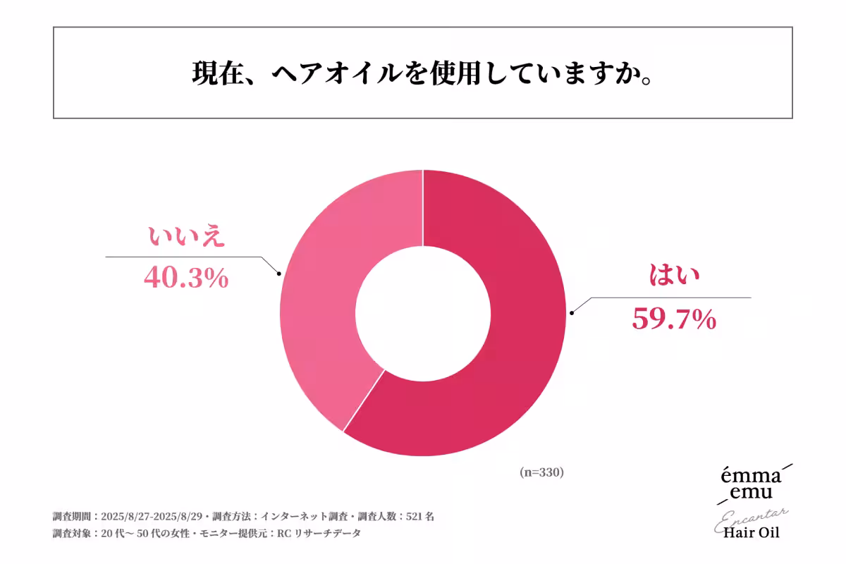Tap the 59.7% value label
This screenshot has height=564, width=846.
tap(673, 320)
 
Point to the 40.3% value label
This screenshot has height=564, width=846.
tap(186, 278)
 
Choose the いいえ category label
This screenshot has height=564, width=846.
tap(186, 237)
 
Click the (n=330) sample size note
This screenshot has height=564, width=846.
tap(541, 472)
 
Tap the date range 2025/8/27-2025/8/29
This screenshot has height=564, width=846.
tap(152, 516)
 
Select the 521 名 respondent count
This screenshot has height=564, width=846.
tap(420, 516)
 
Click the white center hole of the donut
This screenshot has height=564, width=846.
tap(423, 313)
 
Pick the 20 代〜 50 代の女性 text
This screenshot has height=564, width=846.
tap(144, 534)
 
